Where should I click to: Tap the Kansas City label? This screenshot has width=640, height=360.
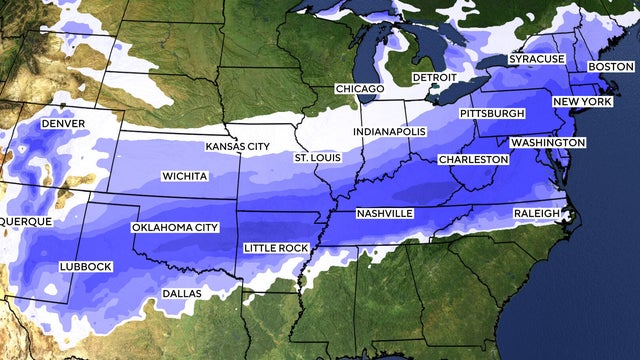click(x=237, y=146)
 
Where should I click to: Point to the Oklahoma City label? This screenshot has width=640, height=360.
click(x=175, y=228)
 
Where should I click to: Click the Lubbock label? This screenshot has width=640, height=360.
click(x=84, y=266)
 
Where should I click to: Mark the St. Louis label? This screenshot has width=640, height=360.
click(x=316, y=159)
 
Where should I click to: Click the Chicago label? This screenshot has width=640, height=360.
click(x=360, y=89)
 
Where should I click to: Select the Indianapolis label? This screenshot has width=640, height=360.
click(x=390, y=132)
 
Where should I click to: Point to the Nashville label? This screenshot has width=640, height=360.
click(x=385, y=214)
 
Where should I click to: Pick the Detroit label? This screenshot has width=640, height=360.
click(x=435, y=77)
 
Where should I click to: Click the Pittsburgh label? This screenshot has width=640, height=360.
click(x=492, y=114)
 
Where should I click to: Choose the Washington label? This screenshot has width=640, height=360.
click(x=547, y=143)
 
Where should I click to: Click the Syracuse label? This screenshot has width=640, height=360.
click(x=536, y=60)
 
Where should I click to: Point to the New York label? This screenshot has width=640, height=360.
click(x=582, y=103)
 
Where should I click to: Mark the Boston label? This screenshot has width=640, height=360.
click(x=611, y=66)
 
